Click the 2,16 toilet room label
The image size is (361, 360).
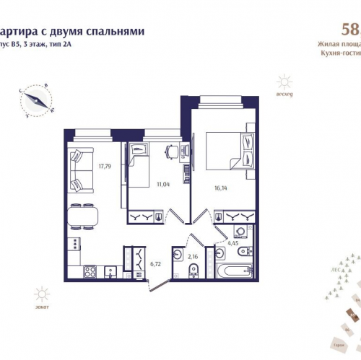(x=193, y=256)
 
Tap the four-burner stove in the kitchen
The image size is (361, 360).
(x=92, y=272)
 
